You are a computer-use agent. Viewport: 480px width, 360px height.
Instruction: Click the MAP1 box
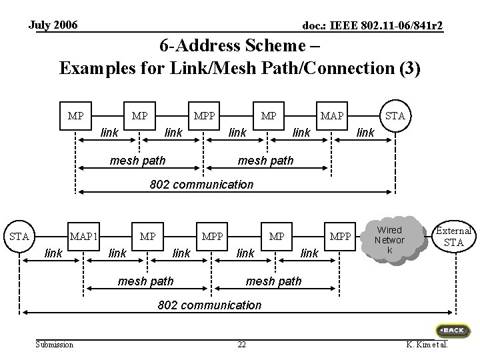pos(83,236)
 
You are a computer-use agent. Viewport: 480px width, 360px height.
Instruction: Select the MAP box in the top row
pos(332,116)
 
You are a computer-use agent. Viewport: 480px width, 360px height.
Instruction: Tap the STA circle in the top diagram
pos(395,116)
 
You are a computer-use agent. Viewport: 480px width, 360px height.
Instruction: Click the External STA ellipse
pos(454,236)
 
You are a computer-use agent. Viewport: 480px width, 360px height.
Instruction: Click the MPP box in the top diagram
pos(204,116)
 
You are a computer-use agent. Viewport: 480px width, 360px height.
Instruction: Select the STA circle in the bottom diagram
pos(19,236)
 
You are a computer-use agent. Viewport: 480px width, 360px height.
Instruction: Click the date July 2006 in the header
pos(53,25)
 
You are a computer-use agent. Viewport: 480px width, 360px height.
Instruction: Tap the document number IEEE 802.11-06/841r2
pos(386,25)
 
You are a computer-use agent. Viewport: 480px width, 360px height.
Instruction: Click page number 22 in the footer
pos(241,345)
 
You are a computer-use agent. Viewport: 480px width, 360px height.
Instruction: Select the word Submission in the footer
pos(55,345)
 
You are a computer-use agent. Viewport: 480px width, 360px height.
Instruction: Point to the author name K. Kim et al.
pos(427,345)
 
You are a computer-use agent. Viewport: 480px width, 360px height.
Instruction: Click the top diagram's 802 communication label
pos(201,185)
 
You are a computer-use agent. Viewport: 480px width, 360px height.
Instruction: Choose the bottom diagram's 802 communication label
pos(209,305)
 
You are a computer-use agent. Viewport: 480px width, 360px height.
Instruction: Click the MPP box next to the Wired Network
pos(340,236)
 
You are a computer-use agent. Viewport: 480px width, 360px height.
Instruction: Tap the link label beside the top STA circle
pos(365,133)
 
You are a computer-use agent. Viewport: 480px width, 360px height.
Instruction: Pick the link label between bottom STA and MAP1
pos(53,253)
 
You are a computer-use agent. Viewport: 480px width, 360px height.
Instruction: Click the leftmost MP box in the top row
pos(75,116)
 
